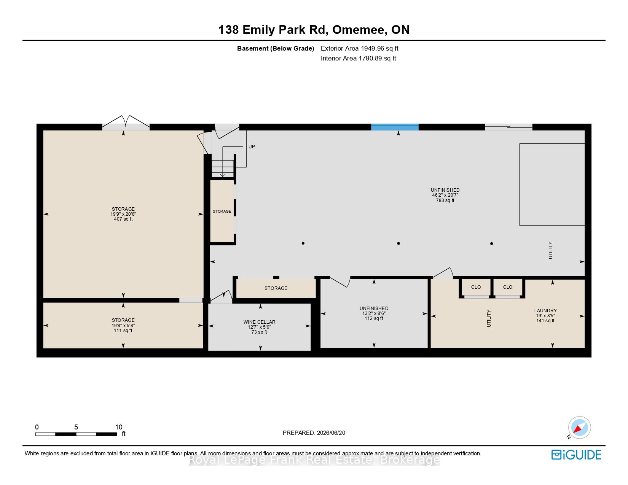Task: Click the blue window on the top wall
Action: click(x=395, y=127)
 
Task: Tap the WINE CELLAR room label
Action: click(x=259, y=322)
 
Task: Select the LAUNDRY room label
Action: click(x=545, y=310)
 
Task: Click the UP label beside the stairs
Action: click(x=252, y=147)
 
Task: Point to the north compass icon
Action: click(x=579, y=428)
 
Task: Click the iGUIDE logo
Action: click(x=576, y=455)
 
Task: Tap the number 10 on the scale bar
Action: click(x=119, y=427)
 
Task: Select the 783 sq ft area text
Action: click(x=445, y=200)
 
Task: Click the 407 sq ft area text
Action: click(x=123, y=219)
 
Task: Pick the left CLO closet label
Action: click(x=476, y=287)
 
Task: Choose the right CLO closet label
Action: click(x=508, y=287)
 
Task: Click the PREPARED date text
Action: click(x=314, y=433)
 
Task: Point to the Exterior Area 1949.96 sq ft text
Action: click(x=360, y=49)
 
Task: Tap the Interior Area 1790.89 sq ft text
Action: click(x=359, y=58)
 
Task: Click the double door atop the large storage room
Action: click(x=126, y=123)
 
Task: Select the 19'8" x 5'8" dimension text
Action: click(x=123, y=325)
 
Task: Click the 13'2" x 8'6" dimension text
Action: click(x=374, y=313)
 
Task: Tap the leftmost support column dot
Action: click(x=303, y=243)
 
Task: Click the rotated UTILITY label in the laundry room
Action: click(x=489, y=318)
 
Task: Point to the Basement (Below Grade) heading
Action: click(x=276, y=49)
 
